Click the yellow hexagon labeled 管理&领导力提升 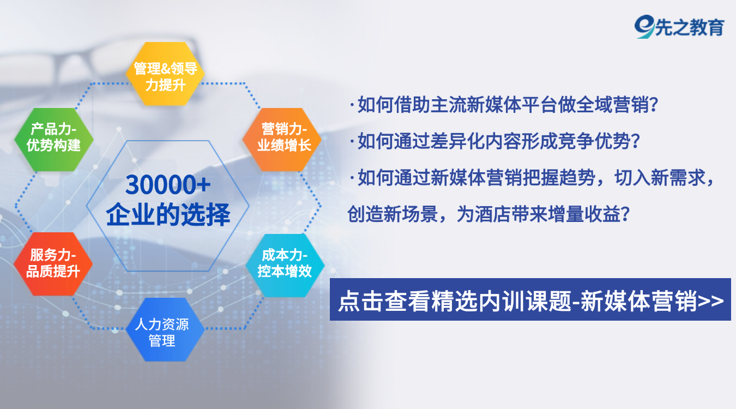tap(165, 74)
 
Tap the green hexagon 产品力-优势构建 tap(54, 140)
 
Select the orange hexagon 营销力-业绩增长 tap(282, 140)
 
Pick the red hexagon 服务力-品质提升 tap(53, 264)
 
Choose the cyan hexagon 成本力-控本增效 tap(285, 266)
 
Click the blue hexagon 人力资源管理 tap(165, 330)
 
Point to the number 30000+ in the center tap(168, 185)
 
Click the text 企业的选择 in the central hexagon tap(168, 214)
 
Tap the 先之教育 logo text tap(690, 27)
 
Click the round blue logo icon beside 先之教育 tap(644, 26)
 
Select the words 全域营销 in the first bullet tap(612, 105)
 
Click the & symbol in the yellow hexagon tap(166, 69)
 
